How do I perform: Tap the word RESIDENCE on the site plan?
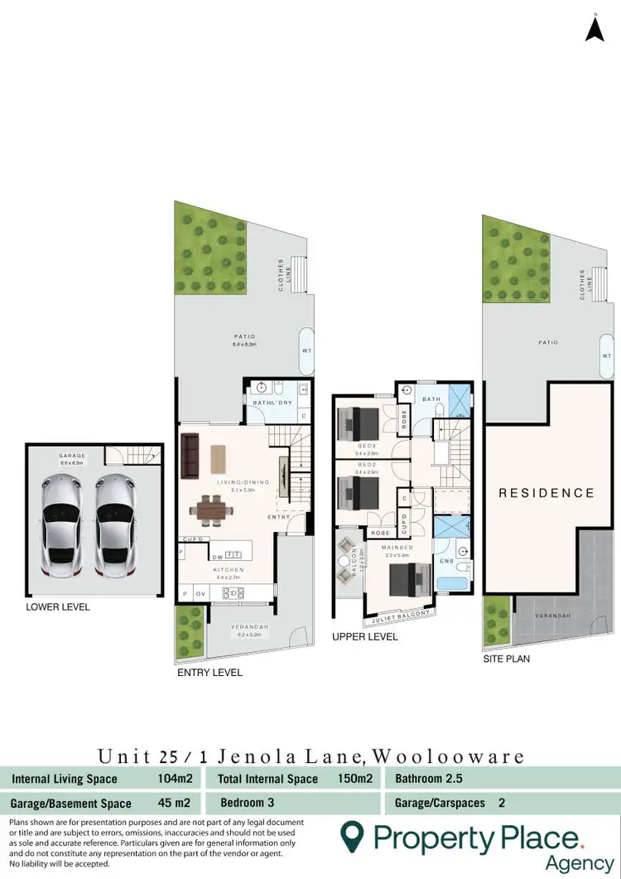pyautogui.click(x=546, y=493)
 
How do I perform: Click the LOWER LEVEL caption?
pyautogui.click(x=57, y=607)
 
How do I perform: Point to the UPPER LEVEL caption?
pyautogui.click(x=364, y=637)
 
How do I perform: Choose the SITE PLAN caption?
pyautogui.click(x=506, y=659)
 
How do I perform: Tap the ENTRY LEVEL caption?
pyautogui.click(x=210, y=673)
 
